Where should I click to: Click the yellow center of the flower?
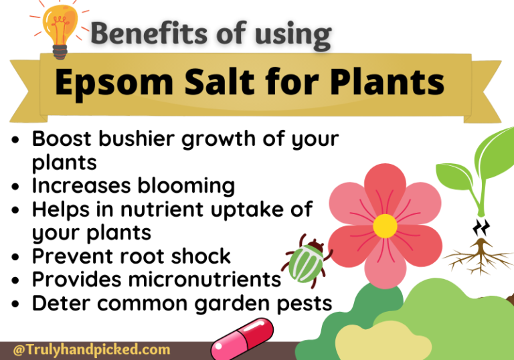coord(385,226)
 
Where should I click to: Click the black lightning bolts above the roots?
coord(481,228)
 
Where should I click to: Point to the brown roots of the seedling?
coord(478,257)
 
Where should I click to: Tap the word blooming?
coord(187,185)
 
